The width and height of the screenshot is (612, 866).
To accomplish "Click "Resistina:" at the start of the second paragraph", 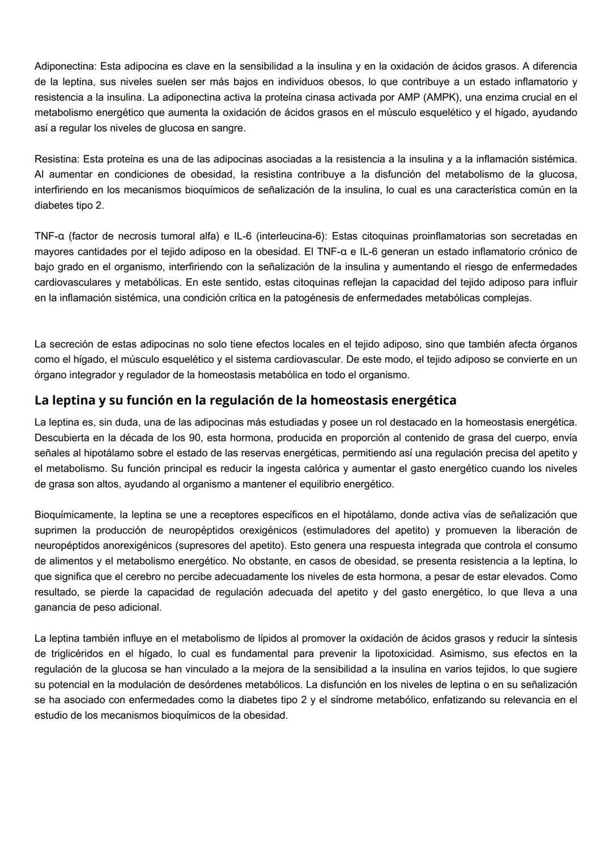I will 57,159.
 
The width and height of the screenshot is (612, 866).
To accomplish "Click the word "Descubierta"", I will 62,438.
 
